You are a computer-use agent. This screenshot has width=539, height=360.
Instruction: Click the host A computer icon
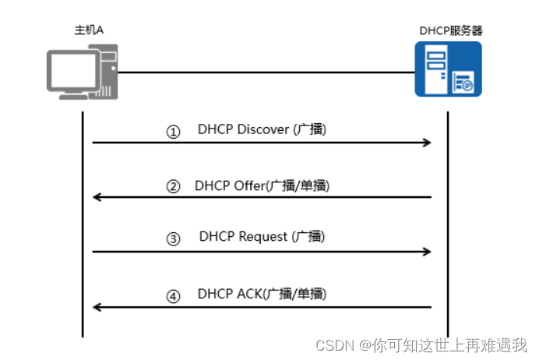tap(83, 71)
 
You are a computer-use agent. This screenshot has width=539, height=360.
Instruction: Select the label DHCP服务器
tap(449, 30)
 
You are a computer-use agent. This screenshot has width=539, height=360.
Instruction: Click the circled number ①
tap(173, 132)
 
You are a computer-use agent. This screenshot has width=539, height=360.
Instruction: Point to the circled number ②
tap(173, 187)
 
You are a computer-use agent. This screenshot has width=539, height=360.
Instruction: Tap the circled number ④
tap(173, 296)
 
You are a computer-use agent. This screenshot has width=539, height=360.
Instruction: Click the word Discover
tap(262, 129)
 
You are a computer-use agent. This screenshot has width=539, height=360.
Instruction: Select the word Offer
tap(249, 185)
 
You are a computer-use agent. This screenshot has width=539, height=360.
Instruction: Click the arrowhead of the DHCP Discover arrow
tap(427, 143)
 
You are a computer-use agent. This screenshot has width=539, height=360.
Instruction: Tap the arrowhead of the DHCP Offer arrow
tap(97, 197)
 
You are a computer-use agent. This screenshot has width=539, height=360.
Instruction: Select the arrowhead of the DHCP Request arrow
tap(427, 252)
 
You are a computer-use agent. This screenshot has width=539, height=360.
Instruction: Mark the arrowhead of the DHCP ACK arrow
tap(97, 307)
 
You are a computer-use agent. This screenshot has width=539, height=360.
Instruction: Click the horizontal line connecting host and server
tap(265, 72)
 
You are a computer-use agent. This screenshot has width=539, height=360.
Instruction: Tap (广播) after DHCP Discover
tap(310, 129)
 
